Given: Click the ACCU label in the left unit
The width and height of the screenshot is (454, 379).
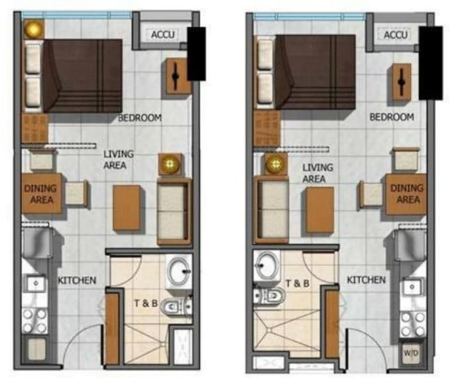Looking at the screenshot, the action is point(163,34).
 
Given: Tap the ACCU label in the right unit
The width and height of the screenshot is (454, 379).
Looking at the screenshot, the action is point(396,35).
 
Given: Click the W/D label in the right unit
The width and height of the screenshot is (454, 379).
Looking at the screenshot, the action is point(411,353).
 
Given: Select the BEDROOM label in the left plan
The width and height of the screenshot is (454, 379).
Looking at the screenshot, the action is point(140,118).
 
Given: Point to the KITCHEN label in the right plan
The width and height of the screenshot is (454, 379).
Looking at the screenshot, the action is point(367,280).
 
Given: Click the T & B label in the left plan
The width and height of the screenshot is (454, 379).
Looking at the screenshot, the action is point(146,303).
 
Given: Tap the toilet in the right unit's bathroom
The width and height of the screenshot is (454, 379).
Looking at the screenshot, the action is point(268,296).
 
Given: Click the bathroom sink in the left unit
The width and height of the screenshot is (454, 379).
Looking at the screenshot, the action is point(179,272).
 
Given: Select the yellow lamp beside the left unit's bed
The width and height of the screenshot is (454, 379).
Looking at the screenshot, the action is point(34,29).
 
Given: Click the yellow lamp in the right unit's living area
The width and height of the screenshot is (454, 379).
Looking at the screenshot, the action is point(275,164).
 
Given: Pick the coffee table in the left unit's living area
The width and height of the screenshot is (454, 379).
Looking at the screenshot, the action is point(127,208).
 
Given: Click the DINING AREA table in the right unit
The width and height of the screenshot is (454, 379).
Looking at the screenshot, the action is point(406,194).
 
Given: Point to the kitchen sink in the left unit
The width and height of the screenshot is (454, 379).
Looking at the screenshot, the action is point(36,284).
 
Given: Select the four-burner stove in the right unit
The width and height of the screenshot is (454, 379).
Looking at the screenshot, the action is point(412,324).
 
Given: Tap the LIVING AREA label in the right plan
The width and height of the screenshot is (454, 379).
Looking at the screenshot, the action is point(317,173).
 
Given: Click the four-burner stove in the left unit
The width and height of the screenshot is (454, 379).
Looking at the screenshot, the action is point(34,321).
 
